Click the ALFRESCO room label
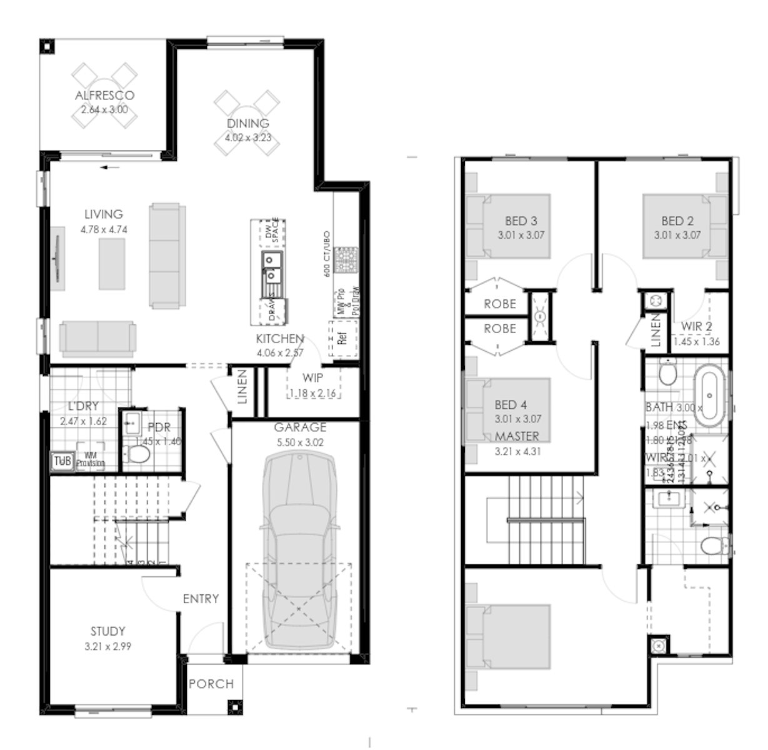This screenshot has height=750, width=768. point(104,96)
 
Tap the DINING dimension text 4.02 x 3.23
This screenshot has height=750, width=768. point(249,137)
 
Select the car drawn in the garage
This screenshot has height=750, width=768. point(299,550)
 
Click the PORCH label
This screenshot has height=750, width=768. point(211,684)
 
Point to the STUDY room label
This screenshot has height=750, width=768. point(107,631)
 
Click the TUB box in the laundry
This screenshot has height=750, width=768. point(62,461)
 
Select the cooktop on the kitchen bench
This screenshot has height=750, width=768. point(344,259)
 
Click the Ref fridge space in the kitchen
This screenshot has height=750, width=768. point(342,339)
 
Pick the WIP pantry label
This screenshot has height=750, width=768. point(312,378)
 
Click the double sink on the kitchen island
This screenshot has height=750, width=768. point(271,267)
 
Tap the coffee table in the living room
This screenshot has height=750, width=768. point(111,264)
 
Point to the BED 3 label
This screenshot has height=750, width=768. point(521,221)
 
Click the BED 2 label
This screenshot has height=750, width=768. point(677,221)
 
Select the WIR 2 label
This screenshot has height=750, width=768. point(696,326)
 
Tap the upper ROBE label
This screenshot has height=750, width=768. point(500,304)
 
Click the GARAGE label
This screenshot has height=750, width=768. point(300,427)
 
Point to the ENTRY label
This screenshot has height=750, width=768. point(201,599)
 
